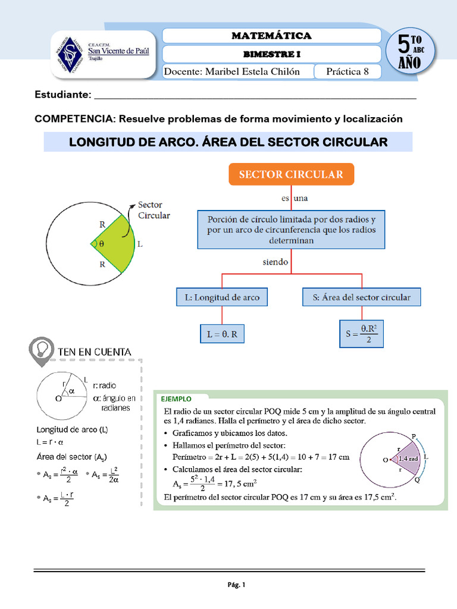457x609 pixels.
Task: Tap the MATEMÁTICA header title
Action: click(x=271, y=36)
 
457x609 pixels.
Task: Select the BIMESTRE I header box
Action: click(x=271, y=54)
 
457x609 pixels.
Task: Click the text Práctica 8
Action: click(x=352, y=72)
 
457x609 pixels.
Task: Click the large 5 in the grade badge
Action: click(x=404, y=46)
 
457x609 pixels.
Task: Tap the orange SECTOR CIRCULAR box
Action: click(x=291, y=174)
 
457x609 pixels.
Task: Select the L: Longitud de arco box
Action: click(x=222, y=297)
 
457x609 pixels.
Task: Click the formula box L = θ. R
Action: click(x=222, y=335)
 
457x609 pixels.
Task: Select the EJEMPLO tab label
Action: click(x=175, y=398)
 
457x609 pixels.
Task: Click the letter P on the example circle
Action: click(x=414, y=435)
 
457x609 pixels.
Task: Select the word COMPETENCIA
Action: click(x=74, y=119)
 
